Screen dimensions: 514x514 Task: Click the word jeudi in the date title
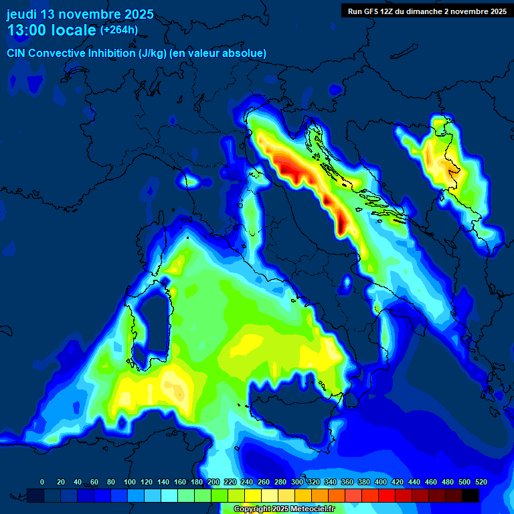coord(21,14)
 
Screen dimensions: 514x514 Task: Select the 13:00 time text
coord(28,30)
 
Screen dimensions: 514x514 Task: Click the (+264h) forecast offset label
coord(119,29)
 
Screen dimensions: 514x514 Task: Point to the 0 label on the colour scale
coord(42,482)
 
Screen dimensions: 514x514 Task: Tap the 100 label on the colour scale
coord(129,482)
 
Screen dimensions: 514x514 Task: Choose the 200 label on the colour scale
coord(213,482)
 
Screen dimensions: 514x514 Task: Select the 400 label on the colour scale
coord(380,482)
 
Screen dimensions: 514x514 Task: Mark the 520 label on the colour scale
coord(481,482)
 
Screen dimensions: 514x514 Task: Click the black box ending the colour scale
coord(470,495)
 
